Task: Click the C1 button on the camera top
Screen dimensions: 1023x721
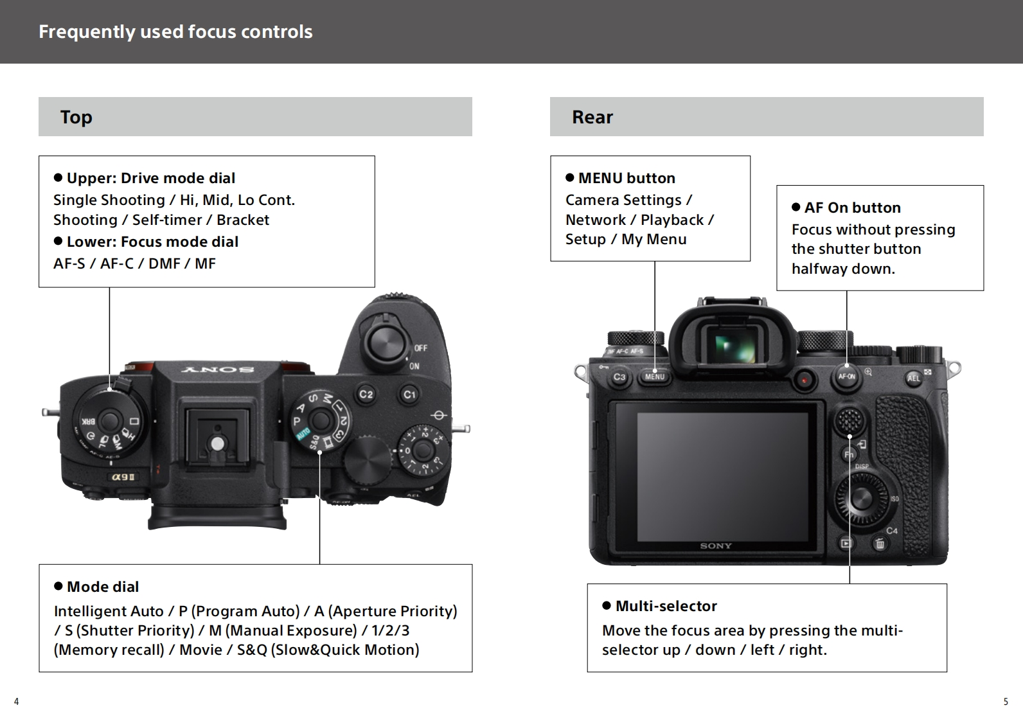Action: tap(410, 394)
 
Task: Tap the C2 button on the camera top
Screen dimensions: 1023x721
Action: tap(366, 394)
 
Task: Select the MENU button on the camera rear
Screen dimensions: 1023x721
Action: tap(654, 377)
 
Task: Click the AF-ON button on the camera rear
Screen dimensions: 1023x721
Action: tap(846, 377)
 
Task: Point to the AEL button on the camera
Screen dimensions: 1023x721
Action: tap(913, 378)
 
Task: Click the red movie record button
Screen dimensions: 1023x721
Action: tap(805, 379)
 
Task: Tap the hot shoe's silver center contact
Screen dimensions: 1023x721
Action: tap(218, 443)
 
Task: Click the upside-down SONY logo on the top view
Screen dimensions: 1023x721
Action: tap(218, 369)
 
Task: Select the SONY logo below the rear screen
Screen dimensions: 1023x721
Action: tap(716, 546)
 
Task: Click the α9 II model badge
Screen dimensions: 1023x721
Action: tap(123, 477)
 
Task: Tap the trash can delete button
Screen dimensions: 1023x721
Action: tap(880, 544)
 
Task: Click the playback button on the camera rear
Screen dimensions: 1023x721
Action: tap(846, 544)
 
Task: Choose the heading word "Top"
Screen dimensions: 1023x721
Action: tap(76, 117)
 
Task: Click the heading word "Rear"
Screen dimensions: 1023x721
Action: tap(592, 117)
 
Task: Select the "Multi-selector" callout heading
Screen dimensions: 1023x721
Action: tap(666, 606)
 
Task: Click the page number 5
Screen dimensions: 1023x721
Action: tap(1006, 701)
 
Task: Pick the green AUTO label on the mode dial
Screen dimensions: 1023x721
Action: tap(303, 433)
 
